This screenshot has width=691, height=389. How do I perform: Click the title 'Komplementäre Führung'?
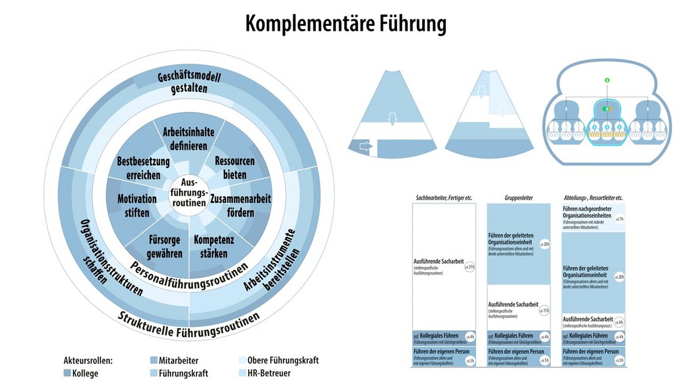point(345,24)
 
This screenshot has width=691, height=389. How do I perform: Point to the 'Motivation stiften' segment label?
point(137,206)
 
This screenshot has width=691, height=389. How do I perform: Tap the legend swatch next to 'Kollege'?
point(67,373)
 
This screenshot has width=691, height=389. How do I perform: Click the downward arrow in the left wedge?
point(392,119)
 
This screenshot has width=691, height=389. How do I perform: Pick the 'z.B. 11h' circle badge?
point(544,311)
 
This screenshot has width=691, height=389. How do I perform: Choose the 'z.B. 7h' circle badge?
point(619,219)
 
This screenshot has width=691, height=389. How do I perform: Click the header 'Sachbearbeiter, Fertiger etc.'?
point(444,198)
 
